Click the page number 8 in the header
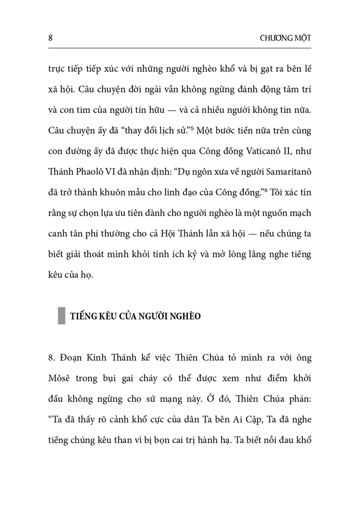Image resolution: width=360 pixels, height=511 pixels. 49,38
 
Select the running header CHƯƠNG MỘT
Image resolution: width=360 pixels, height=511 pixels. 286,39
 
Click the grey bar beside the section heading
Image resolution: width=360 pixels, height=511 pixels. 61,315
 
